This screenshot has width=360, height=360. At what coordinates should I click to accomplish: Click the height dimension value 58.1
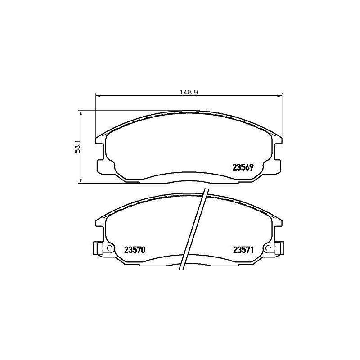(77, 146)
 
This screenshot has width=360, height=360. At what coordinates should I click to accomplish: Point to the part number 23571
(243, 250)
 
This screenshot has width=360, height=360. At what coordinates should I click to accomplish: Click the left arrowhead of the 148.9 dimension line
(99, 95)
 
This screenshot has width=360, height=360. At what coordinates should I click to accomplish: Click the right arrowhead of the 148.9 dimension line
(279, 95)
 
